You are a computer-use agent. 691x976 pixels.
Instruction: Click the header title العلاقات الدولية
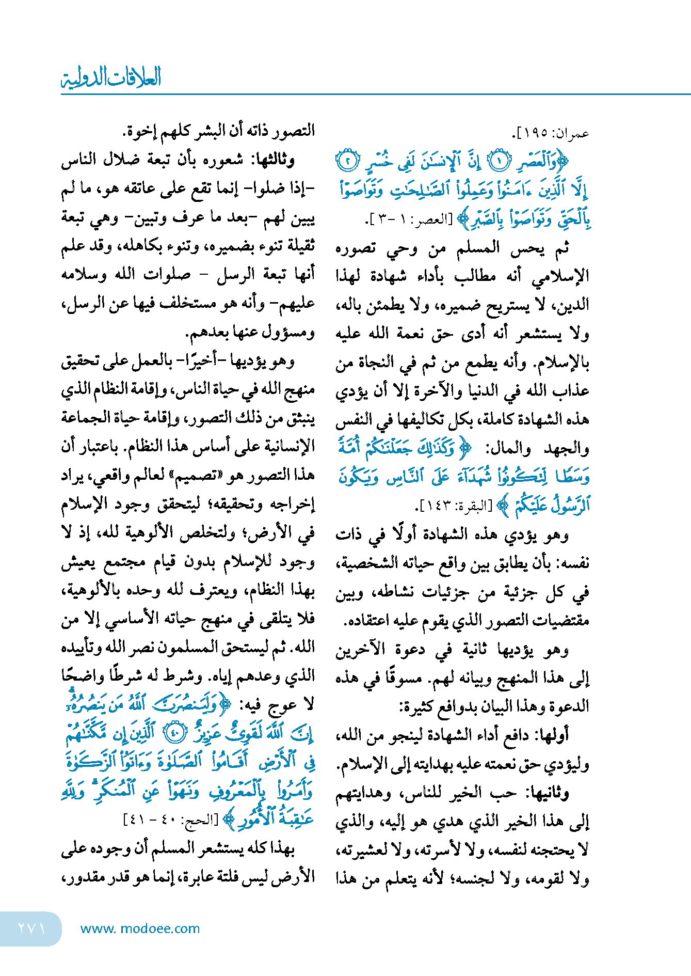click(111, 77)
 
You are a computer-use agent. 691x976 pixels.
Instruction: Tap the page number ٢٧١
click(31, 928)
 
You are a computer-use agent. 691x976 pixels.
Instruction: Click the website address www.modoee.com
click(140, 928)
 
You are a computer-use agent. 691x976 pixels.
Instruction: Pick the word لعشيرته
click(358, 849)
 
